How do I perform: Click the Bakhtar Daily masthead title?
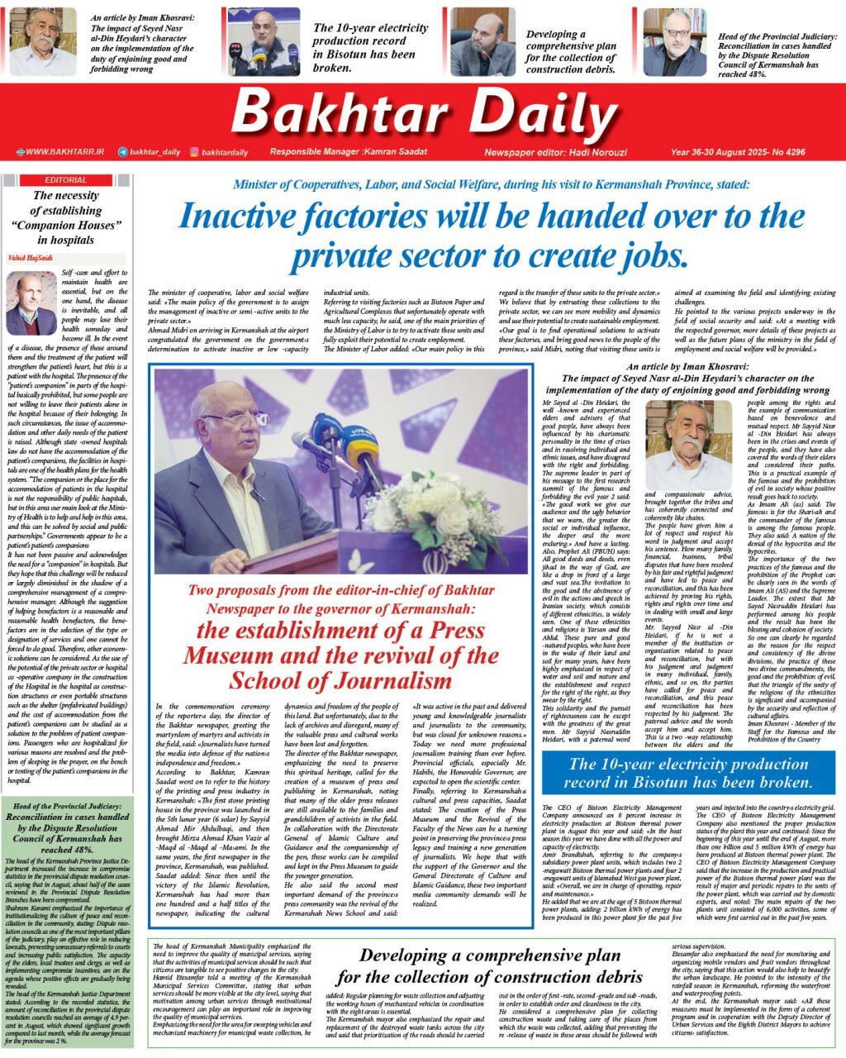click(422, 112)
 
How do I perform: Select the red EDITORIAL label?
click(66, 179)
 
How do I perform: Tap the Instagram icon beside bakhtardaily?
click(194, 152)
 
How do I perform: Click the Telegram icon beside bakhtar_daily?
click(122, 152)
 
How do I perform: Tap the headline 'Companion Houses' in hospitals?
click(66, 225)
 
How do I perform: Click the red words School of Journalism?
click(340, 680)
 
